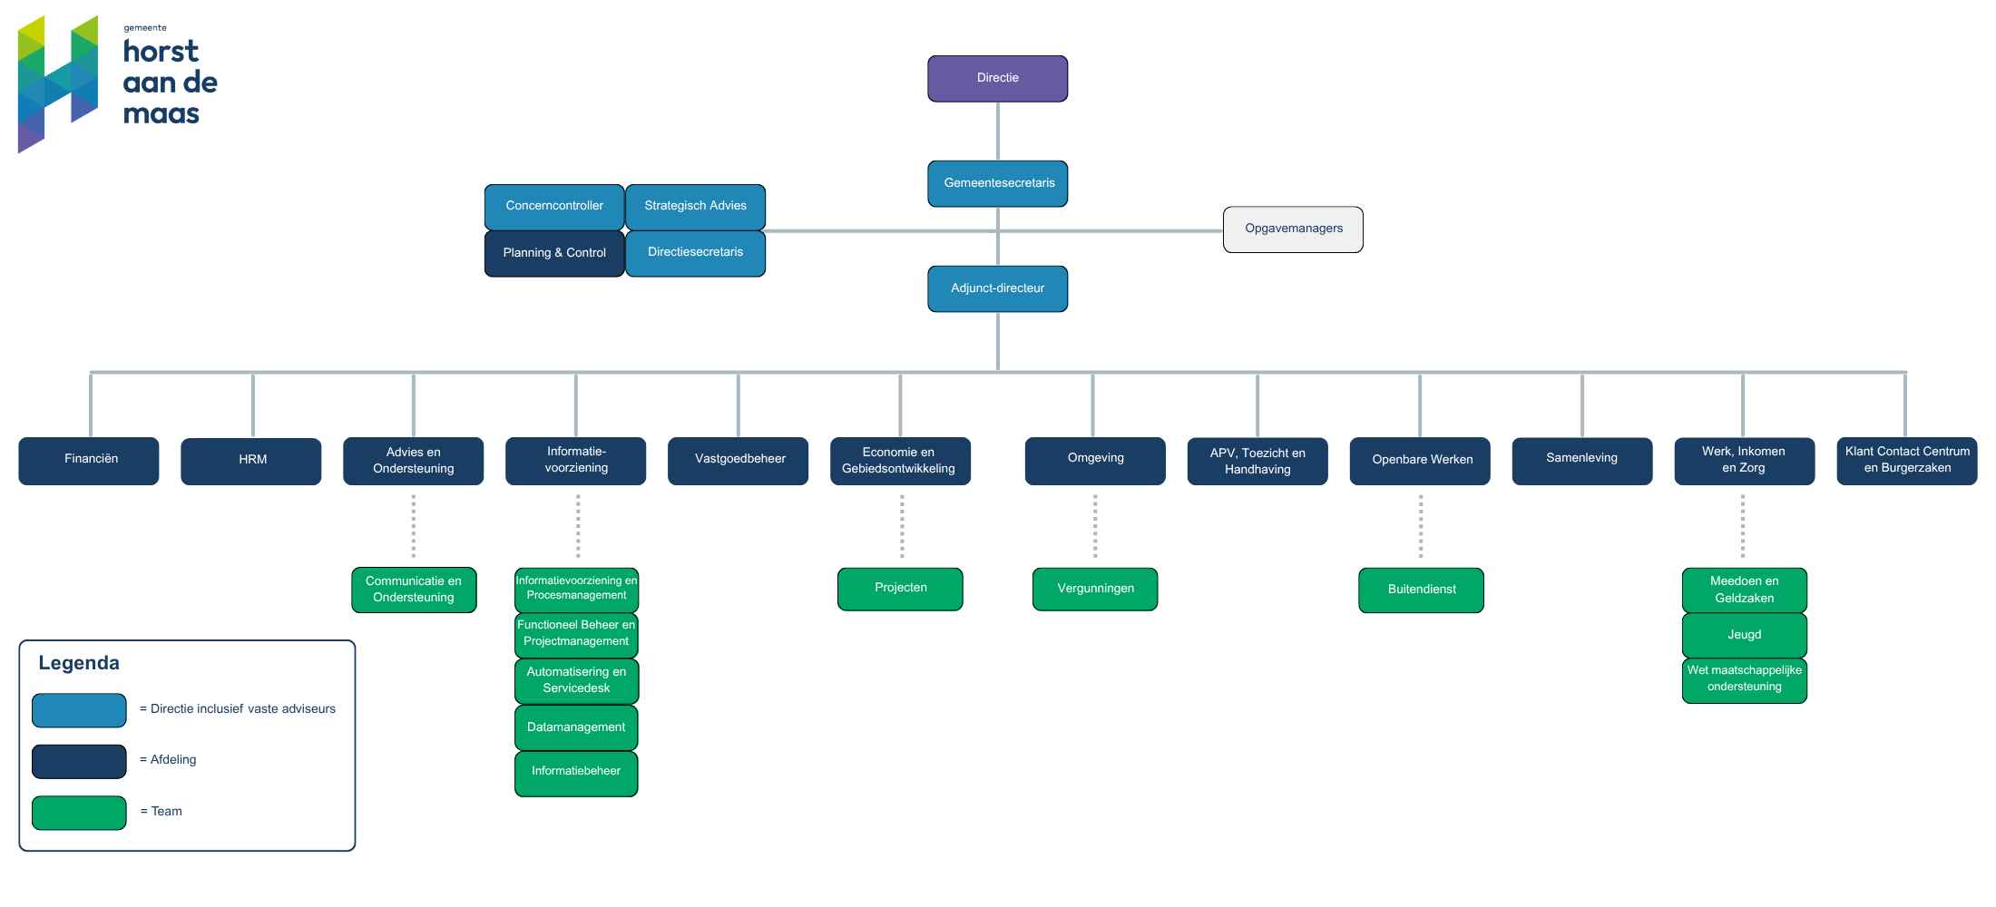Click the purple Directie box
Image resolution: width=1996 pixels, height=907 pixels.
point(997,79)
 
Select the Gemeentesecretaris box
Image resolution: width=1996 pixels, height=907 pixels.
point(997,183)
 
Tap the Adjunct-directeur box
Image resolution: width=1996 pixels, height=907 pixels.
point(997,288)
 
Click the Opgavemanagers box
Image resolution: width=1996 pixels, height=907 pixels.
point(1293,229)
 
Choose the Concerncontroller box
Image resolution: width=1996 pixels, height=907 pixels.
point(554,207)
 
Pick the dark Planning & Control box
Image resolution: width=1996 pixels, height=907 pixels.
point(554,253)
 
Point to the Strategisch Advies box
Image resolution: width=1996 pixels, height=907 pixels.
point(695,207)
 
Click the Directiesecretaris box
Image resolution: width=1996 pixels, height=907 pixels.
point(695,253)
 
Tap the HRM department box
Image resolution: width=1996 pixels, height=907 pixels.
point(251,461)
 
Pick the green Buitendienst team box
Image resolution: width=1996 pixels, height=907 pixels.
point(1421,590)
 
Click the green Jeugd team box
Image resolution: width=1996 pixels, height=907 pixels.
point(1745,636)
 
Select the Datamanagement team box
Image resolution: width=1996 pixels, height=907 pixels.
point(576,727)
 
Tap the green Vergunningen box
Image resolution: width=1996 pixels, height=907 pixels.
point(1095,590)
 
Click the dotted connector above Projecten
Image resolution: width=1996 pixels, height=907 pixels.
point(902,526)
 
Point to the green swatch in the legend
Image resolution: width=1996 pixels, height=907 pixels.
point(79,813)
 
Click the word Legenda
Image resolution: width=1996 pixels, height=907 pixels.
point(79,663)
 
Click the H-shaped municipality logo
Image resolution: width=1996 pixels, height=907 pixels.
point(58,83)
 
